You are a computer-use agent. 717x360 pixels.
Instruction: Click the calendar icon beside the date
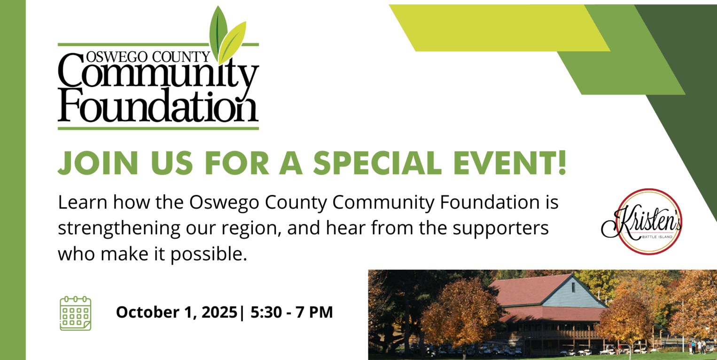[x=76, y=313]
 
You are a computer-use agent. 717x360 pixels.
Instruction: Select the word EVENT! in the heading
[x=510, y=163]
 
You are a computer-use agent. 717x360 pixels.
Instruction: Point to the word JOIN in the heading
[x=98, y=163]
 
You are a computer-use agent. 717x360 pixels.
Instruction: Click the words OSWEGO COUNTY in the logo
[x=148, y=57]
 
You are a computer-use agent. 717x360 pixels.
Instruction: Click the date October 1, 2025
[x=177, y=312]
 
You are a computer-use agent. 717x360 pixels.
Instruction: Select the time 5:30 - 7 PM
[x=292, y=312]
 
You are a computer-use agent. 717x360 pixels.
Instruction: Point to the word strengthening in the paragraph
[x=119, y=229]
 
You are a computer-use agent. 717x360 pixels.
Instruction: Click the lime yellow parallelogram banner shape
[x=499, y=28]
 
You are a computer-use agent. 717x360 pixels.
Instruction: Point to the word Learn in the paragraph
[x=83, y=203]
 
